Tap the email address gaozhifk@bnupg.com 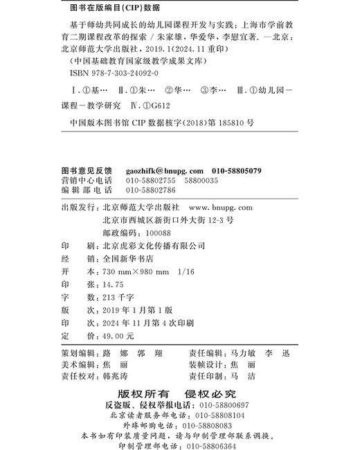pyautogui.click(x=163, y=170)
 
